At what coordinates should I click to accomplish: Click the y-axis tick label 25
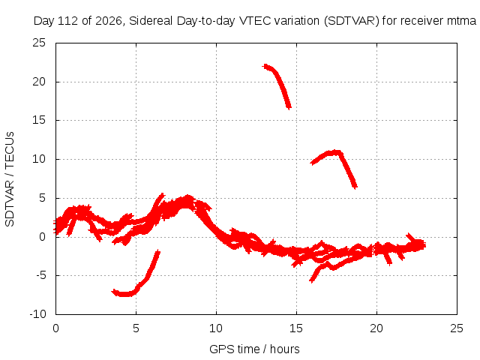coord(39,43)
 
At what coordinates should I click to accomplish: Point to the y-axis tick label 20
coord(39,82)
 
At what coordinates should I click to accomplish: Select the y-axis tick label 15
coord(39,120)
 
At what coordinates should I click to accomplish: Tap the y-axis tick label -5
coord(40,275)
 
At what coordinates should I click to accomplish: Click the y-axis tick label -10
coord(37,314)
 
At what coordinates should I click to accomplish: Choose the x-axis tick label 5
coord(136,328)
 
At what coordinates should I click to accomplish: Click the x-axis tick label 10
coord(216,328)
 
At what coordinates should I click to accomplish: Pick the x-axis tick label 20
coord(376,328)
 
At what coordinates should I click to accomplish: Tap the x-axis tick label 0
coord(55,328)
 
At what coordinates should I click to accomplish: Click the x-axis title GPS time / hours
coord(254,349)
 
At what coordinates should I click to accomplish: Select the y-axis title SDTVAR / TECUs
coord(10,179)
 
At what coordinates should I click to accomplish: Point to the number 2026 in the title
coord(109,21)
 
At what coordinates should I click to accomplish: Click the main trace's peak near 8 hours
coord(187,198)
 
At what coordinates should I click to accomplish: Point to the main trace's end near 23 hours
coord(422,244)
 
